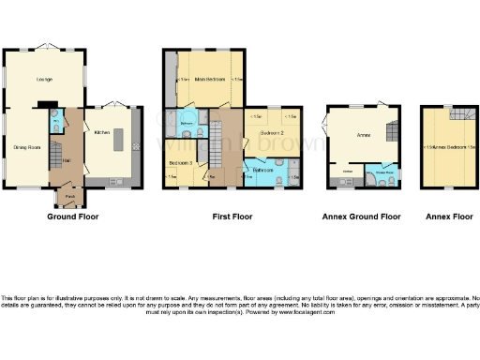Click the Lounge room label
tap(43, 80)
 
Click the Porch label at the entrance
tap(70, 196)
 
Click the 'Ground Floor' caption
tap(73, 217)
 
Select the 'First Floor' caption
tap(232, 217)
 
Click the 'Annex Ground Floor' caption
tap(361, 217)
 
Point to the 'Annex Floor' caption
tap(449, 217)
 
